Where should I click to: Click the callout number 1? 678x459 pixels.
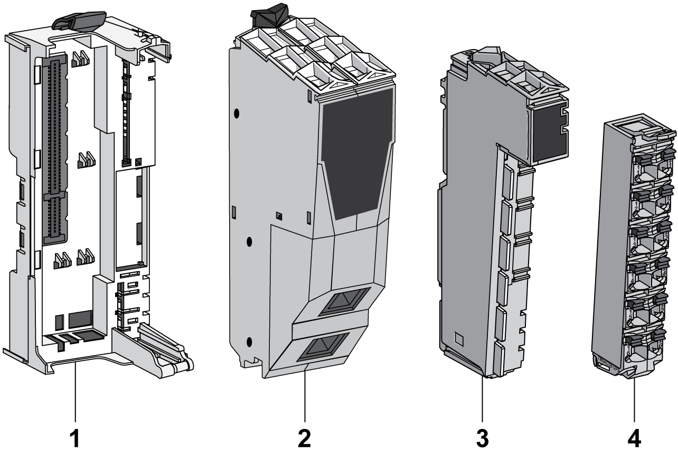[77, 437]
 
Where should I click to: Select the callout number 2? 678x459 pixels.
[305, 437]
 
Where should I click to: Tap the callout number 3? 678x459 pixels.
[482, 437]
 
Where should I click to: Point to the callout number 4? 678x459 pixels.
[634, 437]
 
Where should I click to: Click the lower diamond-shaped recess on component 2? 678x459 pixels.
[323, 349]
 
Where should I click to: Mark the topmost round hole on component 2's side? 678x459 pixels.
[237, 113]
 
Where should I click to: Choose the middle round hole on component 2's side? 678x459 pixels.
[250, 242]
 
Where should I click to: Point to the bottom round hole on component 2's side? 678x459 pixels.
[249, 341]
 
